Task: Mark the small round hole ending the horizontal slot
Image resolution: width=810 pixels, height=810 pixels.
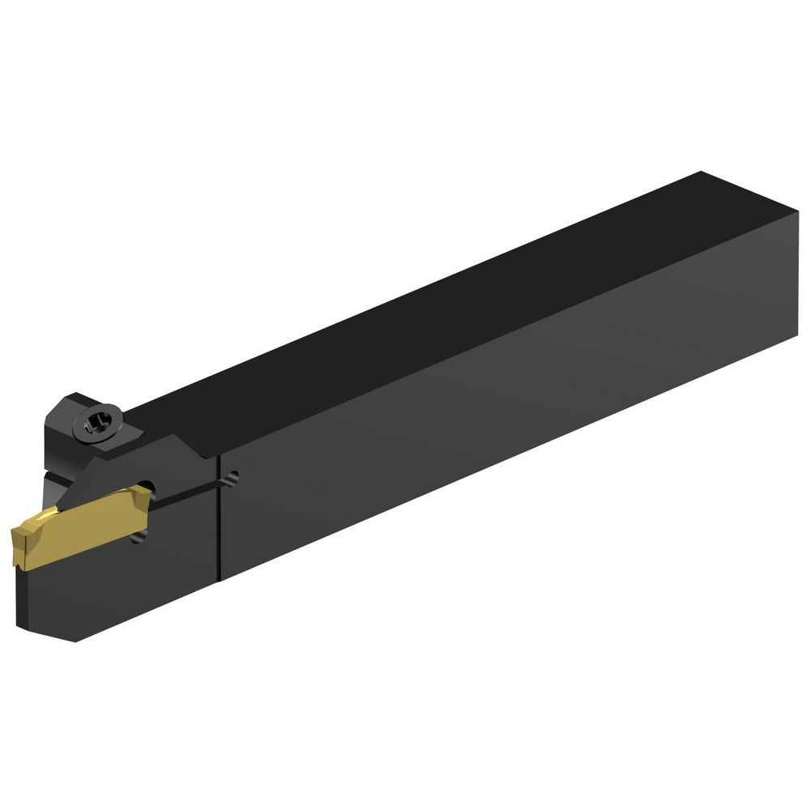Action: point(233,479)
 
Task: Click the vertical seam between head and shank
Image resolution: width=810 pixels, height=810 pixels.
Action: point(220,518)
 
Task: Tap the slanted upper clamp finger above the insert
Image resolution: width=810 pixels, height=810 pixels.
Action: point(162,462)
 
